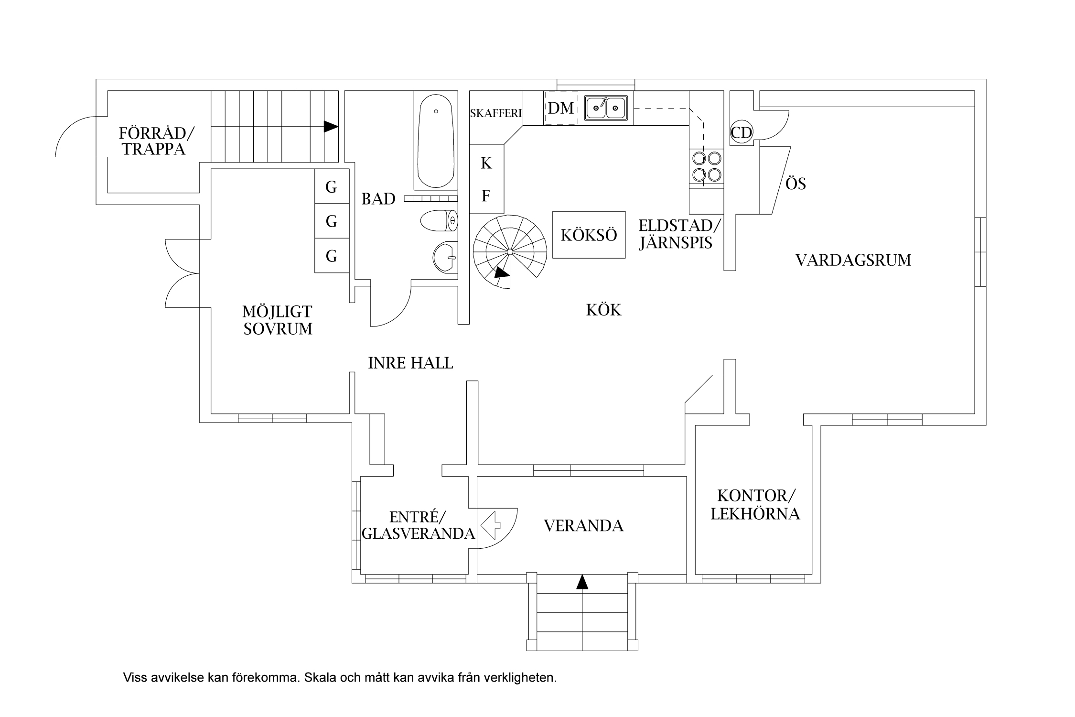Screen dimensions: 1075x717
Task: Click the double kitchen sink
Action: tap(606, 108)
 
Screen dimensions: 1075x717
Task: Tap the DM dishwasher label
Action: tap(561, 109)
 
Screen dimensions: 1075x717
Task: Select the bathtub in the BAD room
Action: tap(436, 142)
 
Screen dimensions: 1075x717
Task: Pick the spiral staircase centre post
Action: tap(510, 251)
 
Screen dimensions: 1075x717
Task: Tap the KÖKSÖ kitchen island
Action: tap(589, 235)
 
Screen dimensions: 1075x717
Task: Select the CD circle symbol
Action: tap(742, 132)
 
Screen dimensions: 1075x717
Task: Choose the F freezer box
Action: tap(486, 196)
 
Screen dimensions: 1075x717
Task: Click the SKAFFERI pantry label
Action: tap(496, 114)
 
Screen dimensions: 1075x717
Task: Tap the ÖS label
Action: tap(795, 184)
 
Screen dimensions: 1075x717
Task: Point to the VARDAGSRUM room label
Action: tap(853, 261)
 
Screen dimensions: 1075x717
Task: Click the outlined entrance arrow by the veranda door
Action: tap(491, 525)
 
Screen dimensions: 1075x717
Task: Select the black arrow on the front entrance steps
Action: tap(582, 582)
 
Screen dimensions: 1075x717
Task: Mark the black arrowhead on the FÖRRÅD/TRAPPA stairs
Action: tap(331, 127)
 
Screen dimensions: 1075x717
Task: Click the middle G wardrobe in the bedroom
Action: tap(332, 221)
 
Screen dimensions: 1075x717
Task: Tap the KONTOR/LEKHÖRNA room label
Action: tap(755, 505)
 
